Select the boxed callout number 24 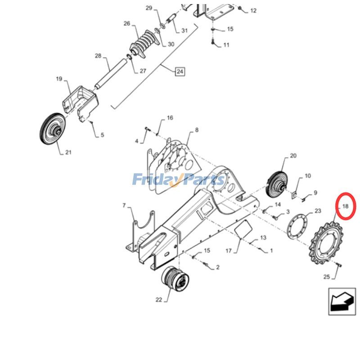tap(180, 71)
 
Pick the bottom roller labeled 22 tap(175, 279)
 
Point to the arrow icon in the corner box tap(342, 302)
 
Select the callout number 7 tap(124, 206)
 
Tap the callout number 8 tap(196, 130)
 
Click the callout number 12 tap(253, 11)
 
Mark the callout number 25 tap(327, 277)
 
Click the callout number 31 tap(184, 31)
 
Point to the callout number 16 tap(170, 118)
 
